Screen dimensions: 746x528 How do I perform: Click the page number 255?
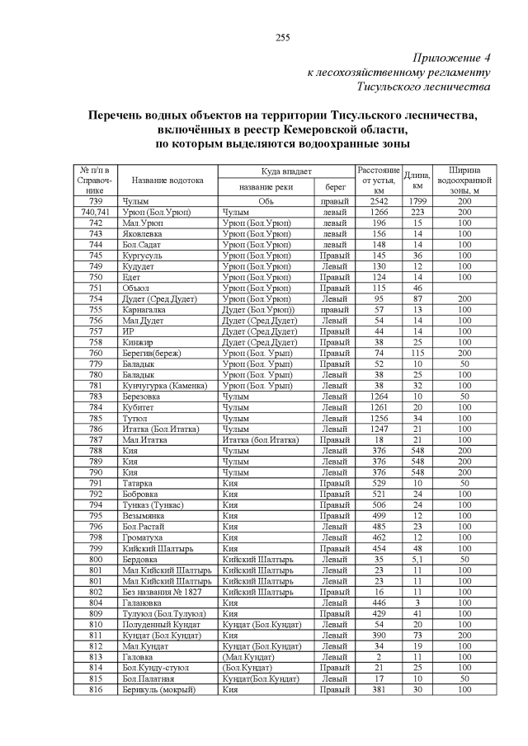click(282, 37)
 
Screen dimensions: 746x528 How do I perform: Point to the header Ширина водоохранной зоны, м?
click(464, 180)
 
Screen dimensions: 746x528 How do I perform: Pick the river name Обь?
click(266, 201)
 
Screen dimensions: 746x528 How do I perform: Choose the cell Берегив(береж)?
click(151, 353)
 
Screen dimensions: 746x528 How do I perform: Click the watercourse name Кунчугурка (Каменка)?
click(164, 385)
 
